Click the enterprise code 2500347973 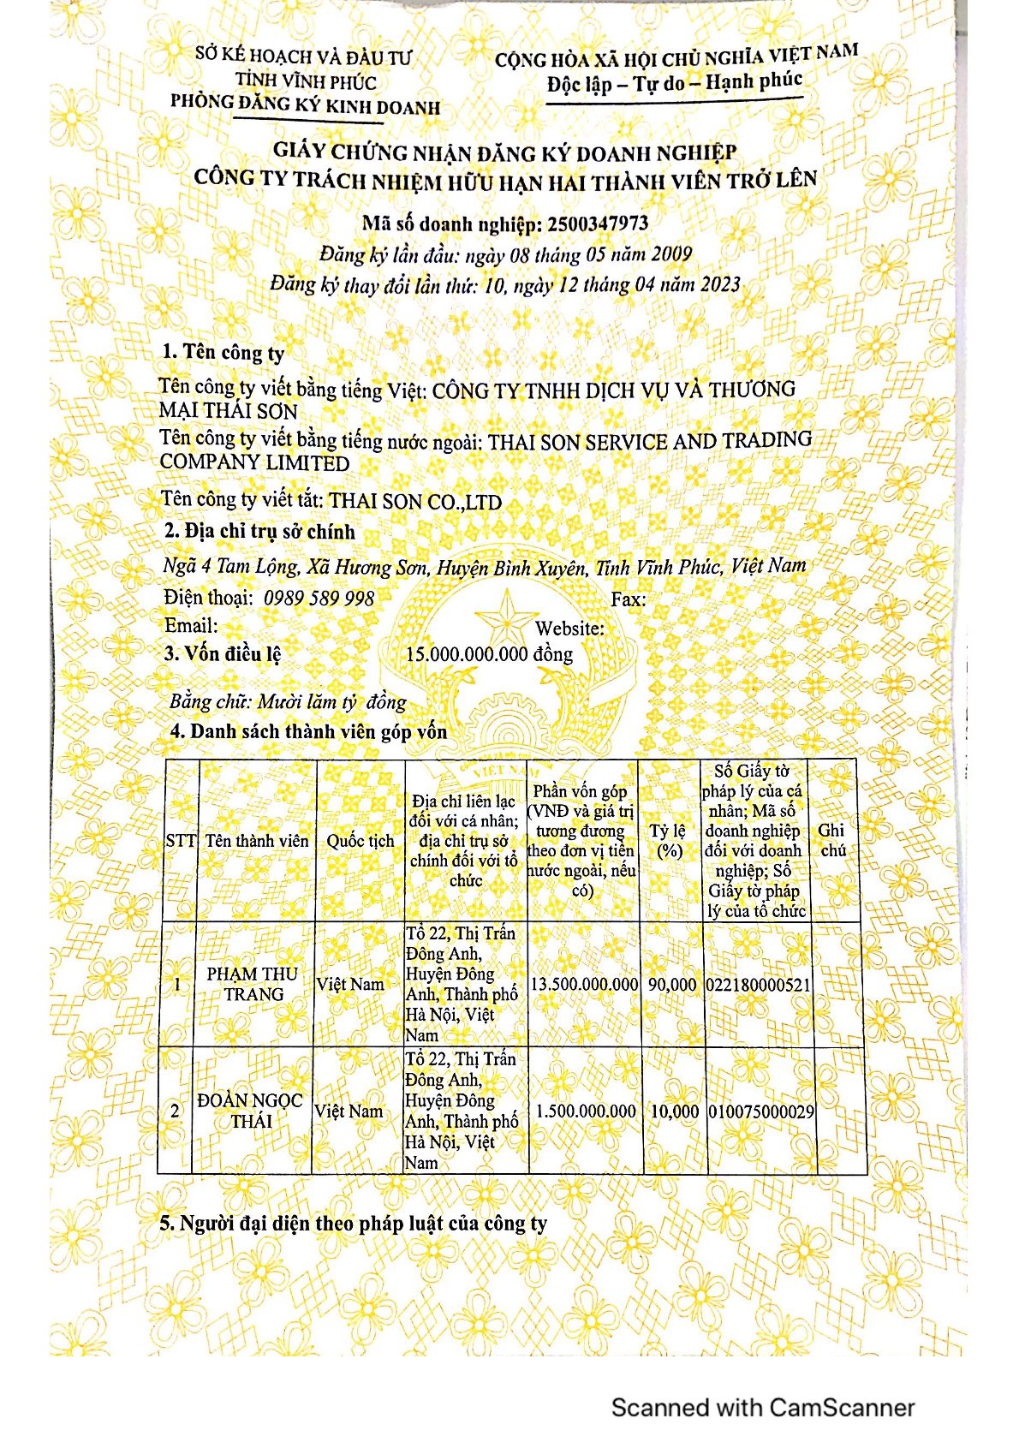pyautogui.click(x=597, y=224)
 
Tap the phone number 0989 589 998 pyautogui.click(x=319, y=598)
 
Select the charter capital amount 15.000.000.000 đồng pyautogui.click(x=489, y=654)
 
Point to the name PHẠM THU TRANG pyautogui.click(x=253, y=984)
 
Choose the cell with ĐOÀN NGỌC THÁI pyautogui.click(x=250, y=1111)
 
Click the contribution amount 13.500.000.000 pyautogui.click(x=584, y=985)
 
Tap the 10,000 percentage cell pyautogui.click(x=674, y=1111)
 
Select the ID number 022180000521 pyautogui.click(x=758, y=985)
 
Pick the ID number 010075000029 pyautogui.click(x=761, y=1111)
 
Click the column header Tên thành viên pyautogui.click(x=257, y=841)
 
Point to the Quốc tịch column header pyautogui.click(x=361, y=841)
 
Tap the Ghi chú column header pyautogui.click(x=832, y=840)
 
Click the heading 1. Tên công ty pyautogui.click(x=223, y=352)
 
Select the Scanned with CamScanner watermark pyautogui.click(x=763, y=1407)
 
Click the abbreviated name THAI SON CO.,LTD pyautogui.click(x=415, y=501)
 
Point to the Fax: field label pyautogui.click(x=629, y=599)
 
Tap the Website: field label pyautogui.click(x=569, y=628)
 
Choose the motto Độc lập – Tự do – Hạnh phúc pyautogui.click(x=675, y=84)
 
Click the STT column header pyautogui.click(x=181, y=841)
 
